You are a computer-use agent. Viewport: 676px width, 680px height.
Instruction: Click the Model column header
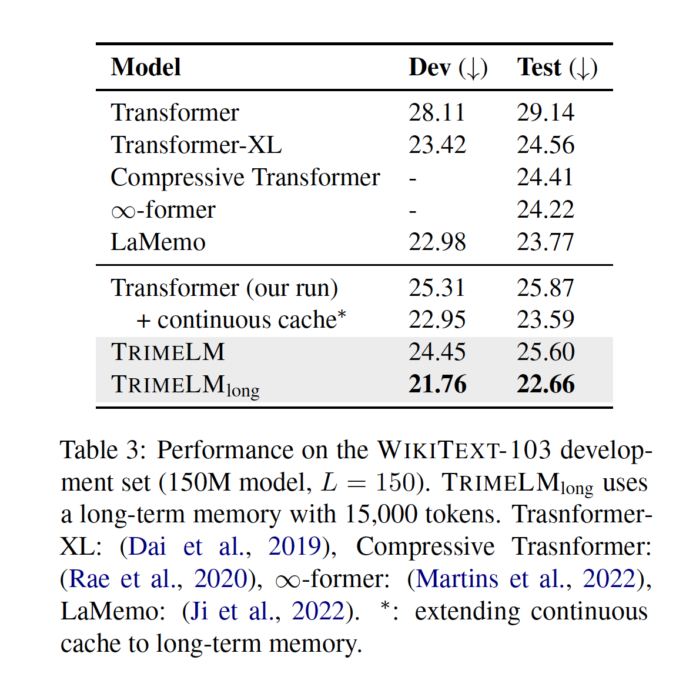click(x=146, y=67)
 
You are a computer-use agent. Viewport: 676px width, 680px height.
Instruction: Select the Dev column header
click(x=448, y=67)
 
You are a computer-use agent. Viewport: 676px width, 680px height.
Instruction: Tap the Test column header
click(x=557, y=67)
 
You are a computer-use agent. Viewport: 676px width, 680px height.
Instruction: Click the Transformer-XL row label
click(x=196, y=145)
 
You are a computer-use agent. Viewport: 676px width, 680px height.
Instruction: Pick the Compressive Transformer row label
click(x=245, y=177)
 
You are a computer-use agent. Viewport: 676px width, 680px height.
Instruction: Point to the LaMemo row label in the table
click(x=158, y=242)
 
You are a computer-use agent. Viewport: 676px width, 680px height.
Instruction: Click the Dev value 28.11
click(x=437, y=112)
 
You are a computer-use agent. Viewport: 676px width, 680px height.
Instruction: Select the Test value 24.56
click(x=546, y=145)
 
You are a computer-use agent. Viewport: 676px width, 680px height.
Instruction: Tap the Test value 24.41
click(x=545, y=177)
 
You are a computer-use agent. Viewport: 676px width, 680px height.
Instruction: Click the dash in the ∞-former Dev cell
click(x=413, y=210)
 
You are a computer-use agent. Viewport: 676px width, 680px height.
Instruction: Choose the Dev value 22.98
click(x=437, y=242)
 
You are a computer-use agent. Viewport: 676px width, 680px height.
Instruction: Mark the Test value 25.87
click(x=546, y=288)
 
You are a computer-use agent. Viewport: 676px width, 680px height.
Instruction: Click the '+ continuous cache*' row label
click(x=241, y=320)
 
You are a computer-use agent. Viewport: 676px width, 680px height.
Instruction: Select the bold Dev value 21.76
click(x=437, y=384)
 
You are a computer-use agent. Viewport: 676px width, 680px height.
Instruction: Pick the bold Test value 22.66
click(x=546, y=384)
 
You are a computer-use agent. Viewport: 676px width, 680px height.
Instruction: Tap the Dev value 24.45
click(x=437, y=352)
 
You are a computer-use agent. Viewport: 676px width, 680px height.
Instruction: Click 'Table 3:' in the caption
click(x=103, y=450)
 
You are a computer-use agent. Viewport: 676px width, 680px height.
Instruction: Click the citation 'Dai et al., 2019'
click(x=225, y=546)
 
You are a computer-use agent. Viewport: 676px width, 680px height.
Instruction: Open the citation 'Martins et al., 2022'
click(x=526, y=579)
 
